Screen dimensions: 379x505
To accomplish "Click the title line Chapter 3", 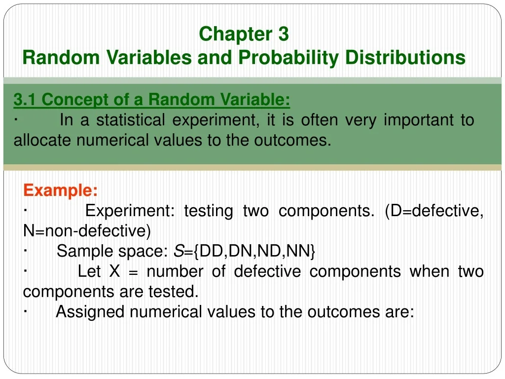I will point(244,35).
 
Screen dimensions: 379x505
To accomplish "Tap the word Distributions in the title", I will point(405,58).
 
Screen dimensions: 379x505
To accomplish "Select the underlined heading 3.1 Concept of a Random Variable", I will point(152,100).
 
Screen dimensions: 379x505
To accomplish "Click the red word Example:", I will point(60,190).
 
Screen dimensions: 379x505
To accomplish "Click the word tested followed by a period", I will point(173,292).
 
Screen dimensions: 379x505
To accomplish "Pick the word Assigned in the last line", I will point(87,312).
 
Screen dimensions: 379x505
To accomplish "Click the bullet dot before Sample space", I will point(25,250).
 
